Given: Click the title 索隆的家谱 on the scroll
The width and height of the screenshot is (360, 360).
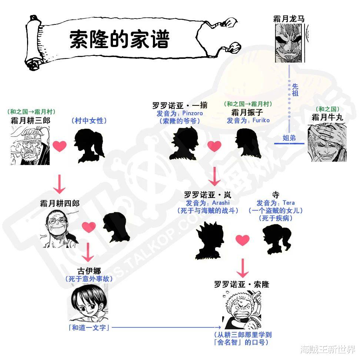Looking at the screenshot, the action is click(x=120, y=39).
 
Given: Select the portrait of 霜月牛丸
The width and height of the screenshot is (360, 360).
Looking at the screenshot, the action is click(x=327, y=142).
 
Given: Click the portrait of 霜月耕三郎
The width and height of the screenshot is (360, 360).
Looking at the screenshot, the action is click(x=30, y=145).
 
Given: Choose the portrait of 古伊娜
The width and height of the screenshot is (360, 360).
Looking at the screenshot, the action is click(x=89, y=303).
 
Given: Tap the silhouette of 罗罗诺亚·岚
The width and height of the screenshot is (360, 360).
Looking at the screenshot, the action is click(x=210, y=240).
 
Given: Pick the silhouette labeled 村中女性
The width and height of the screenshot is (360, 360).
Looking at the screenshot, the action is click(x=90, y=145).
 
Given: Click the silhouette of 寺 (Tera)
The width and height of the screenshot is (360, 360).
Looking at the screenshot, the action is click(x=277, y=239).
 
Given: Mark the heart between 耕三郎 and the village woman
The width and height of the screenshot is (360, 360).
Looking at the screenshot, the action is click(x=60, y=146).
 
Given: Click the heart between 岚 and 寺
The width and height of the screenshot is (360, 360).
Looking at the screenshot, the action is click(x=243, y=240).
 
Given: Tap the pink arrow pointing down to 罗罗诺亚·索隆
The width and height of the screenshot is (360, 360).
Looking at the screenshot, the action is click(x=243, y=268).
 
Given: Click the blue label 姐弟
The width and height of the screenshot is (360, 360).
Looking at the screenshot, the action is click(x=289, y=138).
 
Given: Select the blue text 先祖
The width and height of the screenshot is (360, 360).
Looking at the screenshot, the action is click(x=295, y=90).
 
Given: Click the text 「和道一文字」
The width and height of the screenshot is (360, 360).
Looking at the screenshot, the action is click(x=89, y=328).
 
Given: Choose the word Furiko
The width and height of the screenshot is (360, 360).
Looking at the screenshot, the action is click(x=261, y=120).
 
